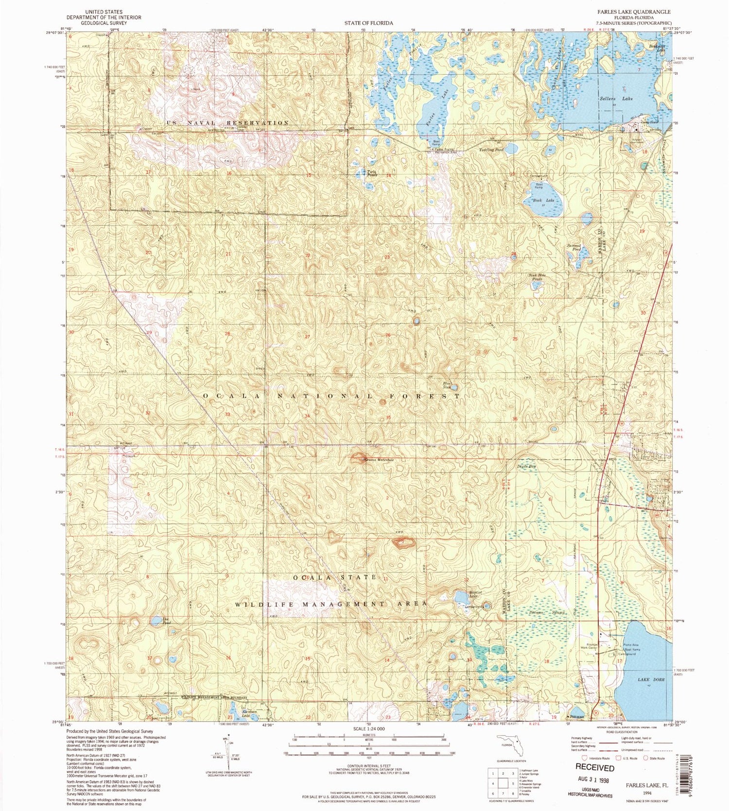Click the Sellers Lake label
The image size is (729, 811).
click(621, 99)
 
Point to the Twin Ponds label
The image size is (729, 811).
click(372, 173)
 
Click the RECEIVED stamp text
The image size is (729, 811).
click(595, 768)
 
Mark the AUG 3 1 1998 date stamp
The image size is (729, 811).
click(594, 780)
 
